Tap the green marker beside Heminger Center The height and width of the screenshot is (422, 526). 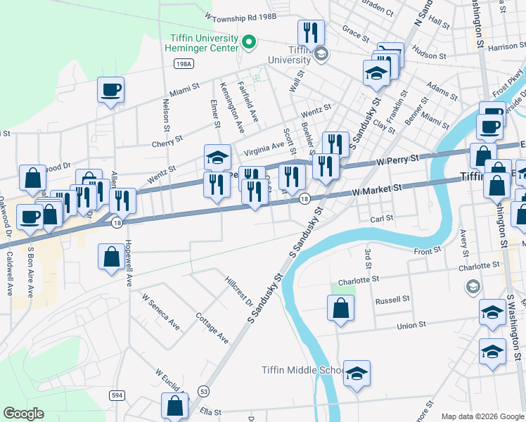[x=248, y=43]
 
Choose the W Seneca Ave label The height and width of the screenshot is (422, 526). [x=160, y=312]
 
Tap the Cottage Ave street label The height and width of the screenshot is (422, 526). [x=212, y=328]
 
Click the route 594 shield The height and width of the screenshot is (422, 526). [x=117, y=396]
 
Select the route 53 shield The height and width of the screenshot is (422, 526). [x=204, y=390]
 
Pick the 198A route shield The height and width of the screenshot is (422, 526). [x=182, y=63]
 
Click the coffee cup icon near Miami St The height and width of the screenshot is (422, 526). [x=110, y=89]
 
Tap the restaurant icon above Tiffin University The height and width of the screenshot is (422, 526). [x=310, y=32]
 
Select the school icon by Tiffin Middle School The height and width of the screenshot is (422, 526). [x=357, y=373]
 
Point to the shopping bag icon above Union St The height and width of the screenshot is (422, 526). [x=340, y=307]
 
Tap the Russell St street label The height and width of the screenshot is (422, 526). [x=392, y=300]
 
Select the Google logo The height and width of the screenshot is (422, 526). [x=25, y=413]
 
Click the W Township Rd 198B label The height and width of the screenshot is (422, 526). [x=240, y=15]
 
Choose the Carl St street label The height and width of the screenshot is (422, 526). [x=382, y=219]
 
